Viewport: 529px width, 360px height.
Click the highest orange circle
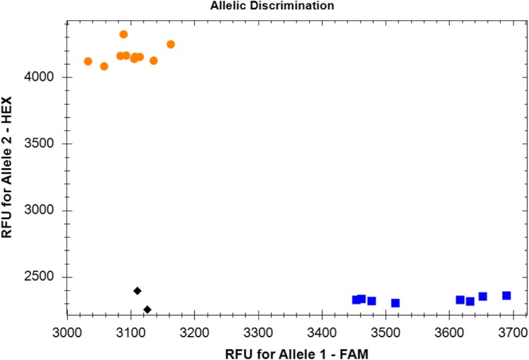coord(124,34)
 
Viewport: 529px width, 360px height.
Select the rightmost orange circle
coord(171,44)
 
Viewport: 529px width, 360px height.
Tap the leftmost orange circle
coord(88,61)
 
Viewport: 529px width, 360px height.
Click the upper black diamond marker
coord(137,291)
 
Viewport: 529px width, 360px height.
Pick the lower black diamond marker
coord(147,310)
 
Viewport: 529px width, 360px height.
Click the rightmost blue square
coord(506,296)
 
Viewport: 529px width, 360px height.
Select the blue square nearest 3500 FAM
coord(395,303)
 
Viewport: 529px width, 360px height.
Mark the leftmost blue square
coord(356,300)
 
